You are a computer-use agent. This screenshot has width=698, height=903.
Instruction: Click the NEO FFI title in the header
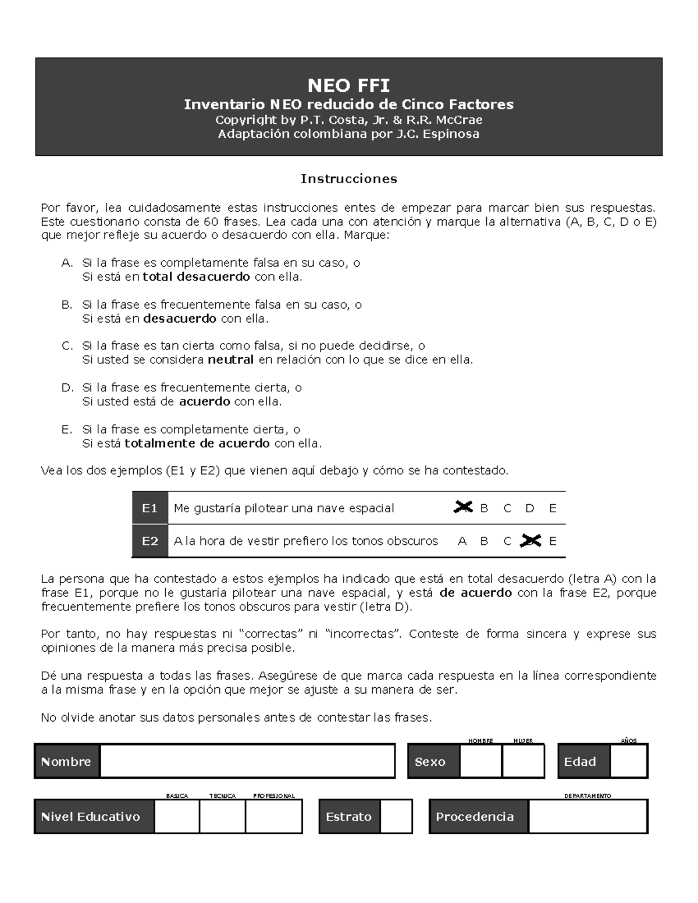[348, 86]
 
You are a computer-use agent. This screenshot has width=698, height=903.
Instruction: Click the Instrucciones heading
[348, 179]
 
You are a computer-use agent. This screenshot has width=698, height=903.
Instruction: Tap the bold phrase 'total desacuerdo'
[196, 277]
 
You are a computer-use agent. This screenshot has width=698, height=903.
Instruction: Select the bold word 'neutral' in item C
[230, 360]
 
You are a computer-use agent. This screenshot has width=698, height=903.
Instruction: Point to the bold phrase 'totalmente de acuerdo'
[197, 444]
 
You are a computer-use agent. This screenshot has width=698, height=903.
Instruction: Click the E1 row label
[150, 508]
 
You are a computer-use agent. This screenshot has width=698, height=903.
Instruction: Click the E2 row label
[150, 541]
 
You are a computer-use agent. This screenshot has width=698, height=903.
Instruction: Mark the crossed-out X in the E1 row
[463, 508]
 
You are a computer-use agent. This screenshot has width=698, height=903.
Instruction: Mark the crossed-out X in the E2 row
[530, 541]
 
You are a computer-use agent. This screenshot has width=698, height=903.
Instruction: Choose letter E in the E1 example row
[553, 508]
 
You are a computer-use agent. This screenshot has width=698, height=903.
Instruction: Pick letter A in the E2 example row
[462, 541]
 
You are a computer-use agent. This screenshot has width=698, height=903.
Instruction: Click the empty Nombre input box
[247, 761]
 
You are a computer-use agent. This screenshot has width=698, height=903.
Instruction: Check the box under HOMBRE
[480, 761]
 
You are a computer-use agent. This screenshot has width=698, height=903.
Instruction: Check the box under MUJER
[523, 761]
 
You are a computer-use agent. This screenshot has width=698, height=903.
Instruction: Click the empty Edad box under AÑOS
[628, 761]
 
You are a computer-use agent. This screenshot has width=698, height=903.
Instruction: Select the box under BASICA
[177, 816]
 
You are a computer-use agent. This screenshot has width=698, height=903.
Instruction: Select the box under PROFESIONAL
[273, 816]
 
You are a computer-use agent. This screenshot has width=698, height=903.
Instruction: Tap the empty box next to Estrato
[396, 816]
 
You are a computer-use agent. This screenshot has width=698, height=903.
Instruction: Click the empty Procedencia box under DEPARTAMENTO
[587, 816]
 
